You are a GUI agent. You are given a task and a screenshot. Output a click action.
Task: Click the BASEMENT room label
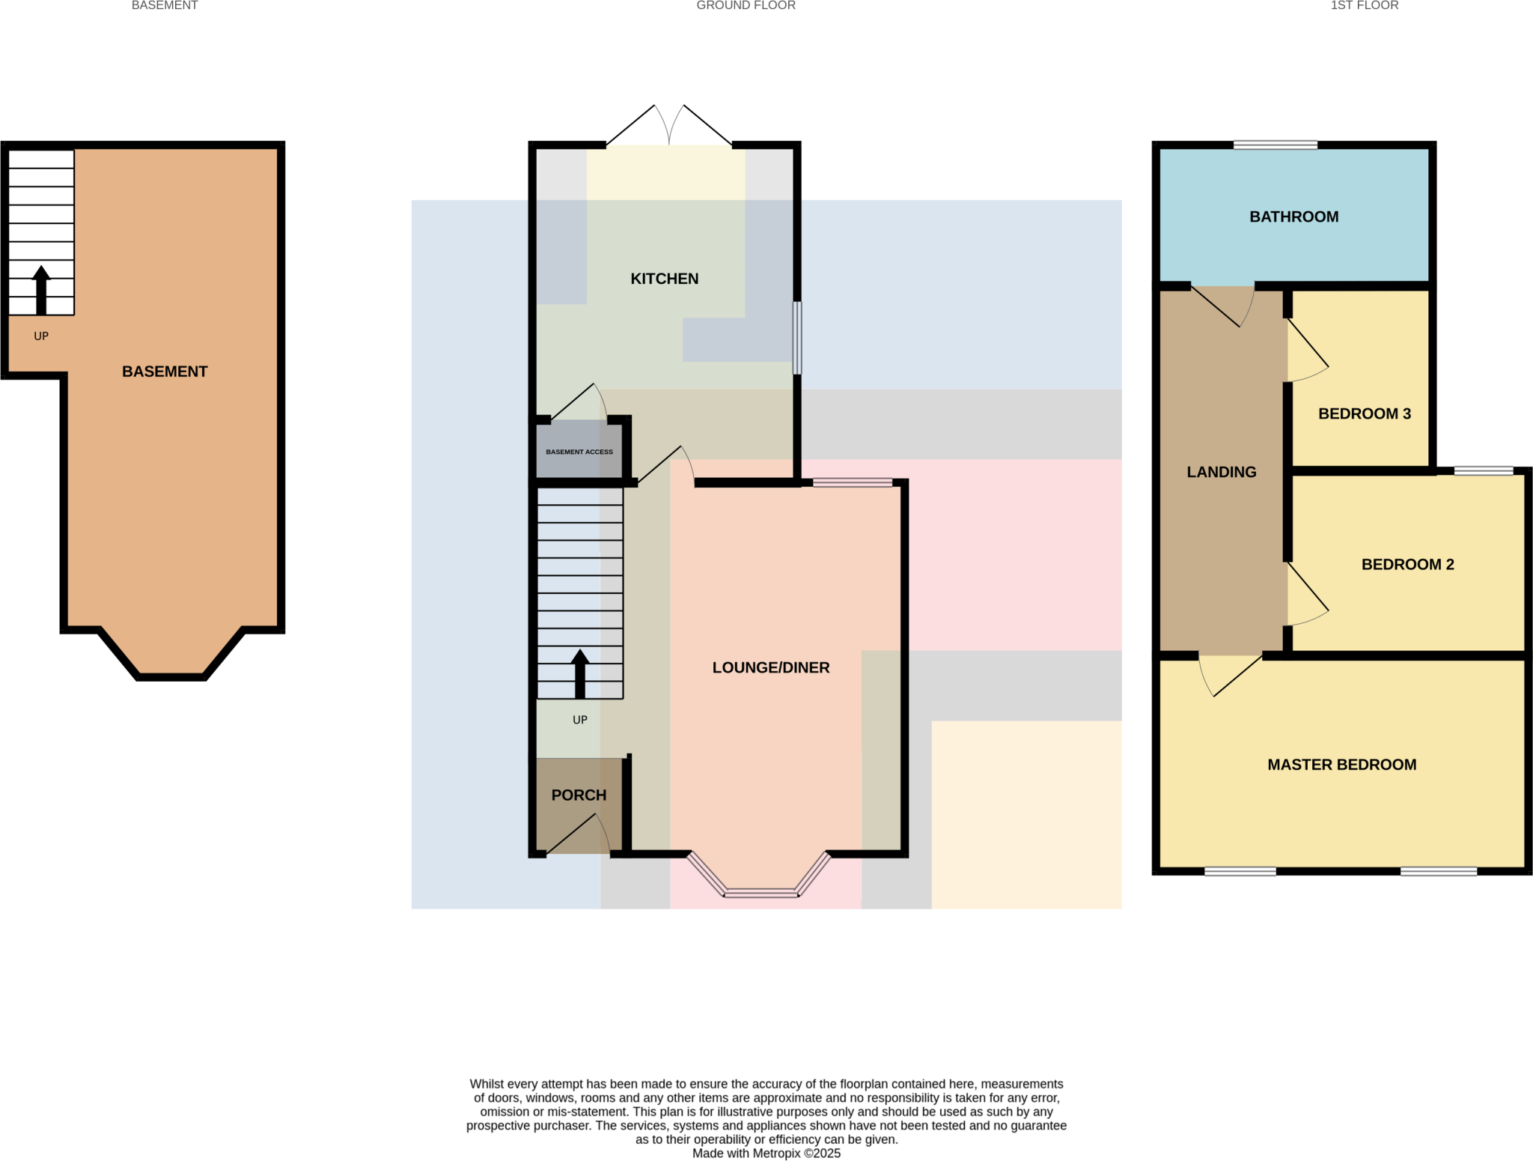[165, 372]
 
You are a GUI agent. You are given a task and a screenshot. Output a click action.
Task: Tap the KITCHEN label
[664, 279]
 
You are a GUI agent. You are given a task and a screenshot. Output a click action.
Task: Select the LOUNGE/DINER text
[770, 667]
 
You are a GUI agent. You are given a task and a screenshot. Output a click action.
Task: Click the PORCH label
[579, 795]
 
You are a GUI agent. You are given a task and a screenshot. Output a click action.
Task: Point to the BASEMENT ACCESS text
[579, 452]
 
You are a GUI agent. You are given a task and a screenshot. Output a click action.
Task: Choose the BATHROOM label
[1293, 216]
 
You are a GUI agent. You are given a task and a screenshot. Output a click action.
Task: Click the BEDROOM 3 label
[1364, 413]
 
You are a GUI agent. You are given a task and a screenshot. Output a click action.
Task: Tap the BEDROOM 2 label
[1407, 564]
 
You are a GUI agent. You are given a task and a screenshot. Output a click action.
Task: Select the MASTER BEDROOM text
[1341, 765]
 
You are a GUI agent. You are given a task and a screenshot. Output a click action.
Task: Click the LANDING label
[1221, 472]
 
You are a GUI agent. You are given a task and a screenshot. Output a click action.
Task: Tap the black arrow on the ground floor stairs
[580, 673]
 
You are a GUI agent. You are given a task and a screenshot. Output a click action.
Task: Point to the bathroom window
[1275, 145]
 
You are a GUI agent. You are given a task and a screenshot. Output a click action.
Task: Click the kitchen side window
[797, 338]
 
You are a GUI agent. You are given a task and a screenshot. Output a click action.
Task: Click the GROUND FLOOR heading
[746, 6]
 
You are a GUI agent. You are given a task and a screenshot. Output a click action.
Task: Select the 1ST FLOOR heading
[1364, 6]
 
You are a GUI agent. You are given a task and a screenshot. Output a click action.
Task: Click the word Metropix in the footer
[776, 1154]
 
